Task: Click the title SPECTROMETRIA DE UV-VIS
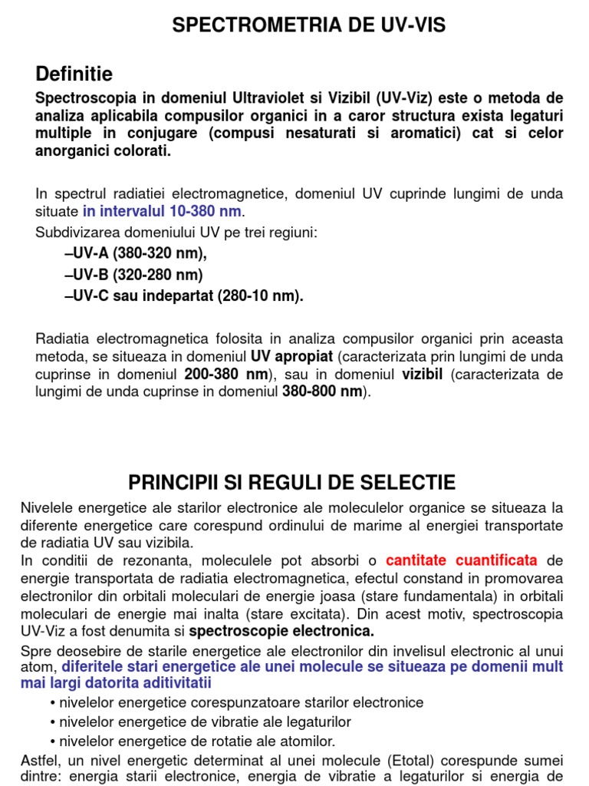tap(309, 26)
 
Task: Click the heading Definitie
tap(74, 74)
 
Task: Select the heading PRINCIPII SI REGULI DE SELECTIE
tap(291, 482)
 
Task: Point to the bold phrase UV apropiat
tap(291, 357)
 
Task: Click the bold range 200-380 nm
tap(225, 375)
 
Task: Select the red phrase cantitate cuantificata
tap(462, 560)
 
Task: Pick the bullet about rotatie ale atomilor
tap(196, 741)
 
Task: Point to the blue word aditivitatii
tap(165, 682)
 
